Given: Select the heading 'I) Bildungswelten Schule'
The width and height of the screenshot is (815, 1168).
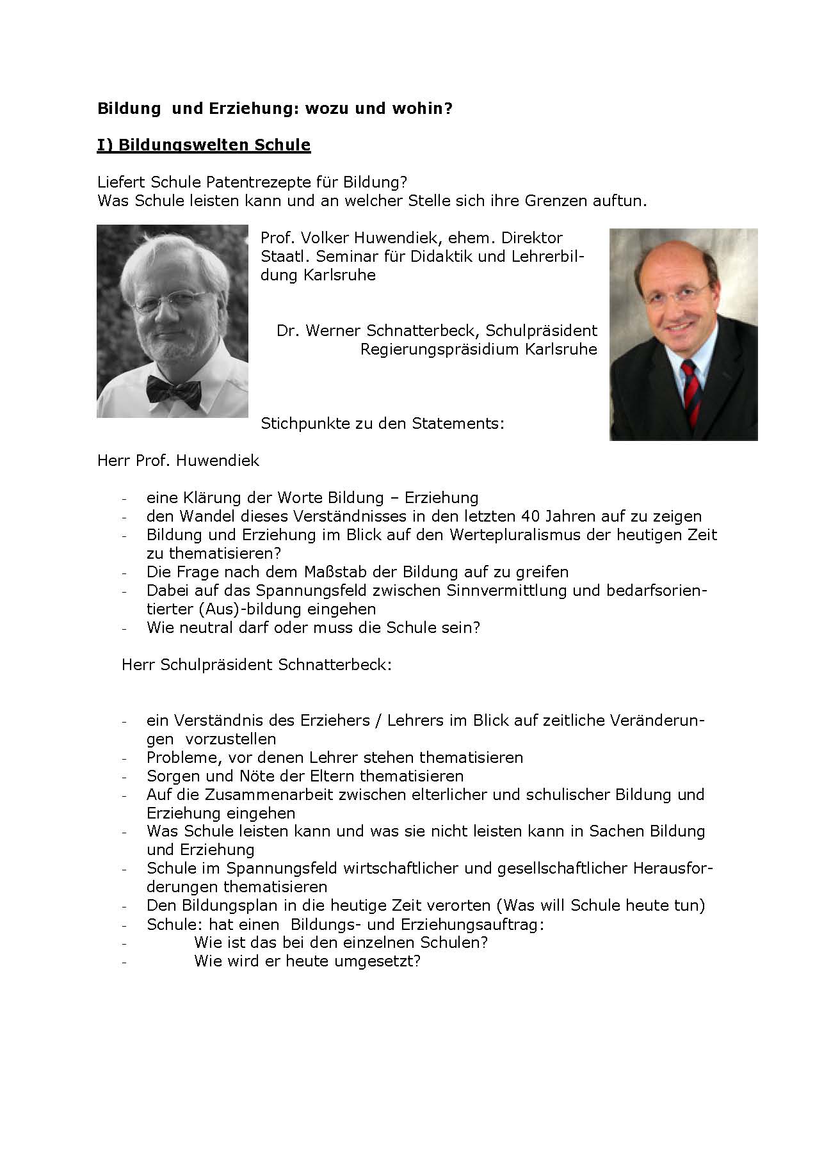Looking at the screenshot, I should click(204, 145).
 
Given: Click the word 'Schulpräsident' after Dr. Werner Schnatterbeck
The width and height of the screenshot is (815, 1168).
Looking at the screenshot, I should click(541, 330).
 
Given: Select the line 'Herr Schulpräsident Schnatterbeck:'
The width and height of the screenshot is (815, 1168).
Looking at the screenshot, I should click(256, 664).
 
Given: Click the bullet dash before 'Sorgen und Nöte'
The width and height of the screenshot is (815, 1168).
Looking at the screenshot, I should click(125, 777).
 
